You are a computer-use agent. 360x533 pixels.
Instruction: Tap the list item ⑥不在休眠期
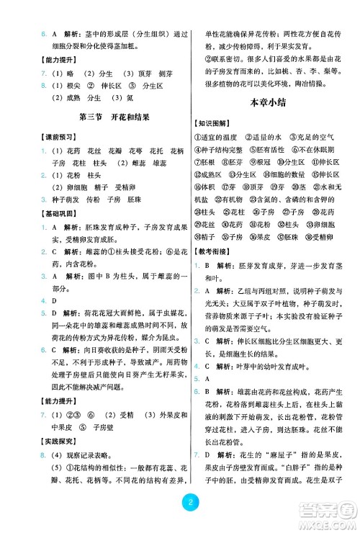coord(315,149)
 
